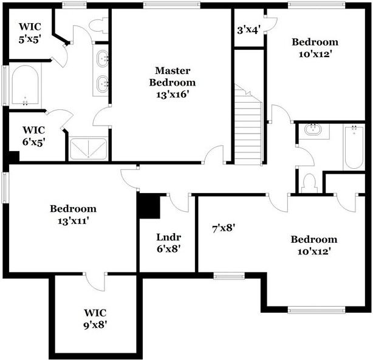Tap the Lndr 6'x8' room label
(x=168, y=243)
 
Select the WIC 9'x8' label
(x=96, y=319)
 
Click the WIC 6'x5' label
(x=34, y=135)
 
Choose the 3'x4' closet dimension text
(x=248, y=29)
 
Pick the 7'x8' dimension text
(x=223, y=228)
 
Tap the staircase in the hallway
(x=247, y=131)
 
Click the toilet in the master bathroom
(x=98, y=25)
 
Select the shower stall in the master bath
(x=88, y=149)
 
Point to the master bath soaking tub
(x=26, y=86)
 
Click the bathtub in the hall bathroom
(x=353, y=148)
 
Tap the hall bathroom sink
(x=313, y=129)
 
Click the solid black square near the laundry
(x=149, y=206)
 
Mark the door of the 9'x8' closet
(x=95, y=281)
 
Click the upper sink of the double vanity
(x=103, y=59)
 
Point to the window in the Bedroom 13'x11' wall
(x=4, y=187)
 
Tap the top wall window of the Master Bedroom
(x=172, y=5)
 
